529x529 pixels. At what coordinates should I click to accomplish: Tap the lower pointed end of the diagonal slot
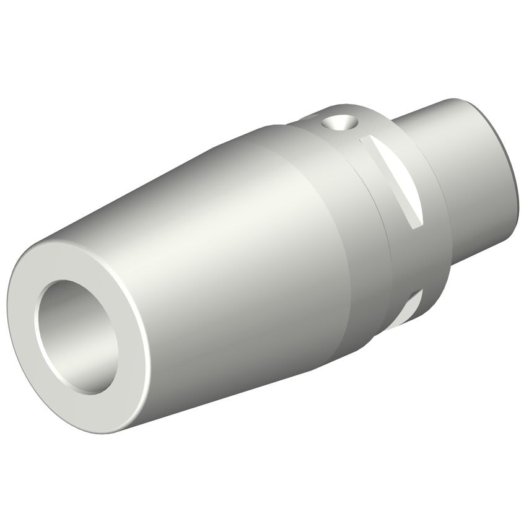[x=417, y=223]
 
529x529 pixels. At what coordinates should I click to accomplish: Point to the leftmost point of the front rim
[x=9, y=310]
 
